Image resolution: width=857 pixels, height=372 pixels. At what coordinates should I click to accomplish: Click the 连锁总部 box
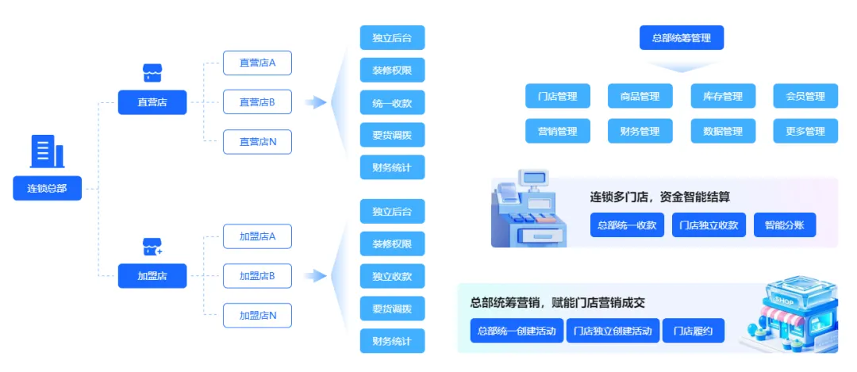tap(48, 188)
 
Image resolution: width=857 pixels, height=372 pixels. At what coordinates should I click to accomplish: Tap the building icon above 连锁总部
tap(48, 151)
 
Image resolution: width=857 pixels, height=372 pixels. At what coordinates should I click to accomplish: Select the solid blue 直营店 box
tap(152, 102)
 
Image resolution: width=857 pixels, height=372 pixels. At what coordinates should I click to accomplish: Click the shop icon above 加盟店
tap(152, 247)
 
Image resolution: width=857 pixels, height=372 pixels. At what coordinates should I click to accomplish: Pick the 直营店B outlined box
tap(257, 102)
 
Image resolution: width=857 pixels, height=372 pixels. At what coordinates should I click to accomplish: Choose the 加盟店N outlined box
tap(257, 315)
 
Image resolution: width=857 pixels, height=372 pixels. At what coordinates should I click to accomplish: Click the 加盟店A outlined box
tap(257, 236)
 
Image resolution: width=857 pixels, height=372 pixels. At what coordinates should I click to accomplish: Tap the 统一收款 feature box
tap(392, 102)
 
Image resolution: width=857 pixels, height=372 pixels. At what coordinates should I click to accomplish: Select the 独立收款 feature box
tap(392, 276)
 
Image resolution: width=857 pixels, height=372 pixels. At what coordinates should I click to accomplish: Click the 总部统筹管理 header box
tap(681, 37)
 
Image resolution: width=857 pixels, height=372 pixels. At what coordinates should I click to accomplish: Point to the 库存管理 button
tap(722, 96)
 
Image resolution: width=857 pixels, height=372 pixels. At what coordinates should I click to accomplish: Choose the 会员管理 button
tap(805, 96)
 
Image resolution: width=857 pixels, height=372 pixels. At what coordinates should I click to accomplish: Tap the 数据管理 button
tap(722, 131)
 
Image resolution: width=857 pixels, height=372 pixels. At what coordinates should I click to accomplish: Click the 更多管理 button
tap(805, 131)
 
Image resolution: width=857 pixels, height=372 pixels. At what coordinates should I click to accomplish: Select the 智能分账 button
tap(784, 225)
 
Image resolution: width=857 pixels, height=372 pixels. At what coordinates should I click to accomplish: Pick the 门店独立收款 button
tap(709, 225)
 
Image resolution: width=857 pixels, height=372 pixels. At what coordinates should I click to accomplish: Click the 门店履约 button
tap(693, 331)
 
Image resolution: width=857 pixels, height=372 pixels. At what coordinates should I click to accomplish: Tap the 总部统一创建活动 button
tap(516, 331)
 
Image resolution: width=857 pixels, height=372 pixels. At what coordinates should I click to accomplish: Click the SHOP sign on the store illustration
tap(786, 301)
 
